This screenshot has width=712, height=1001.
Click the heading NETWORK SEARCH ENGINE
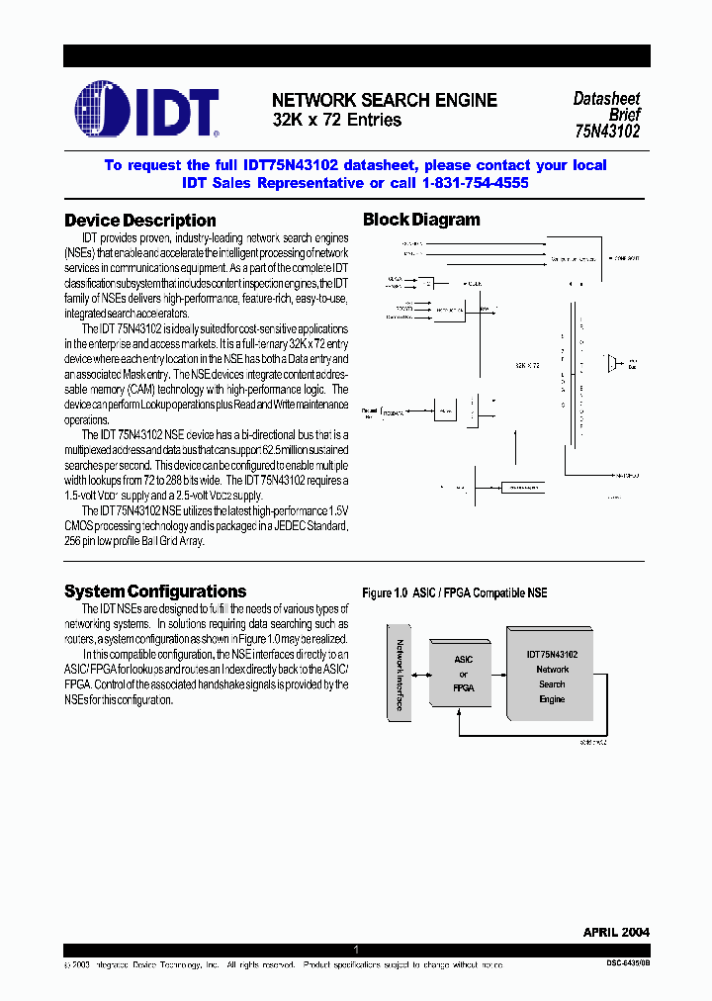[x=384, y=100]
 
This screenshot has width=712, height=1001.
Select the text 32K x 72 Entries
[x=337, y=120]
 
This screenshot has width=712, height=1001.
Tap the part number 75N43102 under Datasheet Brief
[x=606, y=130]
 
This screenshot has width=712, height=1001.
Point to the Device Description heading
[x=139, y=221]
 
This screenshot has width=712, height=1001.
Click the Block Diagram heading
[x=421, y=220]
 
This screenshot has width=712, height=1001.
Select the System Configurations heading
[x=155, y=591]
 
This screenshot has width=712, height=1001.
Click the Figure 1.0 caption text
[x=454, y=592]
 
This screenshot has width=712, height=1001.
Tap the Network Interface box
[x=399, y=674]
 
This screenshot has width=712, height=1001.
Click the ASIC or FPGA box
[x=463, y=674]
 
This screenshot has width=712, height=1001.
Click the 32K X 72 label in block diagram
[x=526, y=365]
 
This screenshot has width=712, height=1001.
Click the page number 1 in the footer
[x=356, y=950]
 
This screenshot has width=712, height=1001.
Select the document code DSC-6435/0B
[x=627, y=963]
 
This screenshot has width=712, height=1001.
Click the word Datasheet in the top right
[x=606, y=99]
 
